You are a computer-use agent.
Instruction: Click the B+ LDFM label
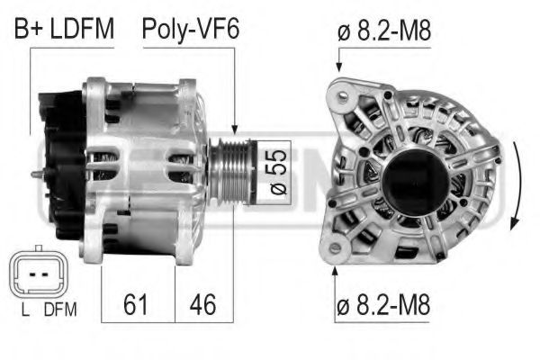[x=64, y=30]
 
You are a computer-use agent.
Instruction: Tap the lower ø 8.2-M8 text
[x=385, y=305]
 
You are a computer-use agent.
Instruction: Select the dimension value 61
[x=136, y=304]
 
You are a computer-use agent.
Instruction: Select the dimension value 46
[x=202, y=304]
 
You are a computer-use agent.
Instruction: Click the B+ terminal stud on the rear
[x=36, y=175]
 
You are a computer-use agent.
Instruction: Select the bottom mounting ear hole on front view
[x=337, y=247]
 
